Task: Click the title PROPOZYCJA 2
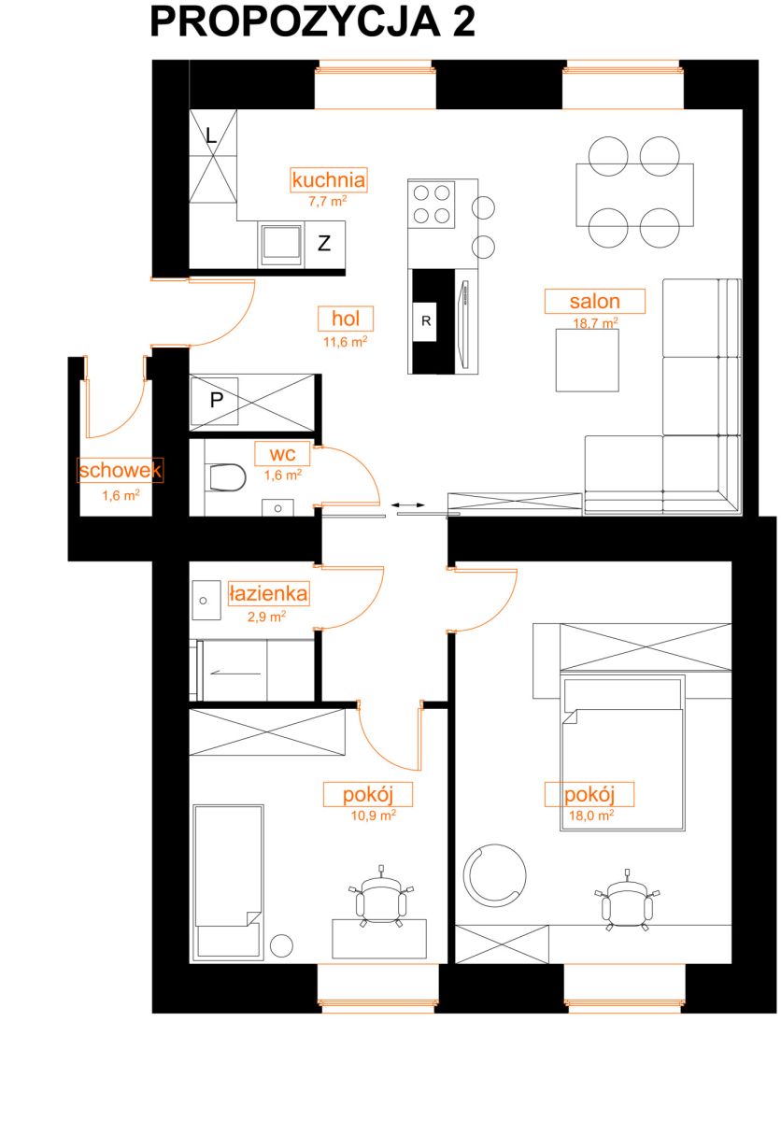[312, 22]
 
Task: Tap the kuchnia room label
[328, 179]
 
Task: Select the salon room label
[594, 301]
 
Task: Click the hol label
[346, 319]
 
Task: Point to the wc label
[282, 453]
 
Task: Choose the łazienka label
[268, 593]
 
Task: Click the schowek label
[121, 470]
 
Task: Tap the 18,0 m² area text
[590, 816]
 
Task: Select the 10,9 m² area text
[373, 816]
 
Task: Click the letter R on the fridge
[426, 320]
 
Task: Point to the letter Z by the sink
[324, 243]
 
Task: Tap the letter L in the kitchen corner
[211, 135]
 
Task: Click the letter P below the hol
[216, 400]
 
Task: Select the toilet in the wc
[225, 477]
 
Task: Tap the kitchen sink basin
[280, 244]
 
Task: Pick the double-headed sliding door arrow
[408, 505]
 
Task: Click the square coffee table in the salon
[587, 360]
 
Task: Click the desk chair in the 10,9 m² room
[381, 900]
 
